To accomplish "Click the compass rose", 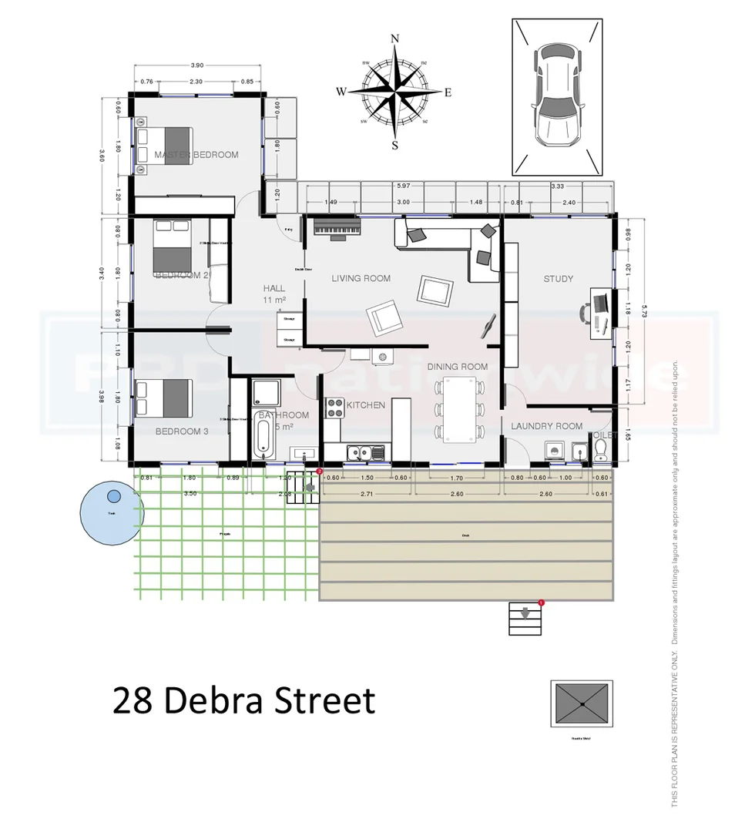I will (x=394, y=92).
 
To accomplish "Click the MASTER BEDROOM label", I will (x=196, y=155).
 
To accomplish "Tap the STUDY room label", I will (x=558, y=279).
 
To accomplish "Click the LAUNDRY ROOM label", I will (x=546, y=426).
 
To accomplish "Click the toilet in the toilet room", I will (x=601, y=453).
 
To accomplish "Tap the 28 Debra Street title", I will (x=243, y=702).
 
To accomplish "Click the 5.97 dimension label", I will (x=403, y=186).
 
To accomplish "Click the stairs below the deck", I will (x=525, y=618).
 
